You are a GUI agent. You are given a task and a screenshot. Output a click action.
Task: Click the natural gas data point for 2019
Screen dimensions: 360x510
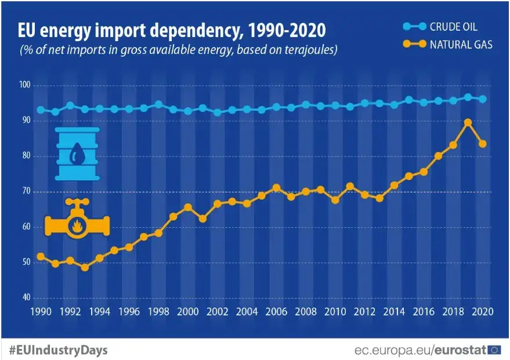pyautogui.click(x=468, y=122)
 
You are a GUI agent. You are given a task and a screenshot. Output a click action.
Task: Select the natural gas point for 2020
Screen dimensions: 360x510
pyautogui.click(x=482, y=144)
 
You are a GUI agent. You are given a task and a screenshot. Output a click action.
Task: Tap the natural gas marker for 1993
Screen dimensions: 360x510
pyautogui.click(x=85, y=267)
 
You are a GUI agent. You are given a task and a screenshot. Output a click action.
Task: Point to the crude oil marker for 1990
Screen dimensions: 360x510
pyautogui.click(x=41, y=110)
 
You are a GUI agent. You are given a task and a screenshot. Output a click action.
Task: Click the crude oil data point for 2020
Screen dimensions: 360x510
pyautogui.click(x=482, y=99)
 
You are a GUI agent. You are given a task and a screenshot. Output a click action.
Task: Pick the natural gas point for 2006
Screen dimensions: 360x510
pyautogui.click(x=276, y=187)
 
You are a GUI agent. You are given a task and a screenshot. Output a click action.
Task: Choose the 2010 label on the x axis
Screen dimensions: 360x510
pyautogui.click(x=335, y=311)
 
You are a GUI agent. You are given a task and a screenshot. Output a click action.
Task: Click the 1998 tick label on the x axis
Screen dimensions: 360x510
pyautogui.click(x=158, y=311)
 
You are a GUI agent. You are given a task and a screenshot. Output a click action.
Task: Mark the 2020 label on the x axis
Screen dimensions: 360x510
pyautogui.click(x=482, y=311)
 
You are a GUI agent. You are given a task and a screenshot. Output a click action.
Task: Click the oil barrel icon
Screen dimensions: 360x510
pyautogui.click(x=78, y=154)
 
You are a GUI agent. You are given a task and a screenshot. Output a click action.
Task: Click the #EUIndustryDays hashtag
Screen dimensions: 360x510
pyautogui.click(x=58, y=351)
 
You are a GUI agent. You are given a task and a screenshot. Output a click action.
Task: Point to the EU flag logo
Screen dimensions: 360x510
pyautogui.click(x=495, y=350)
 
